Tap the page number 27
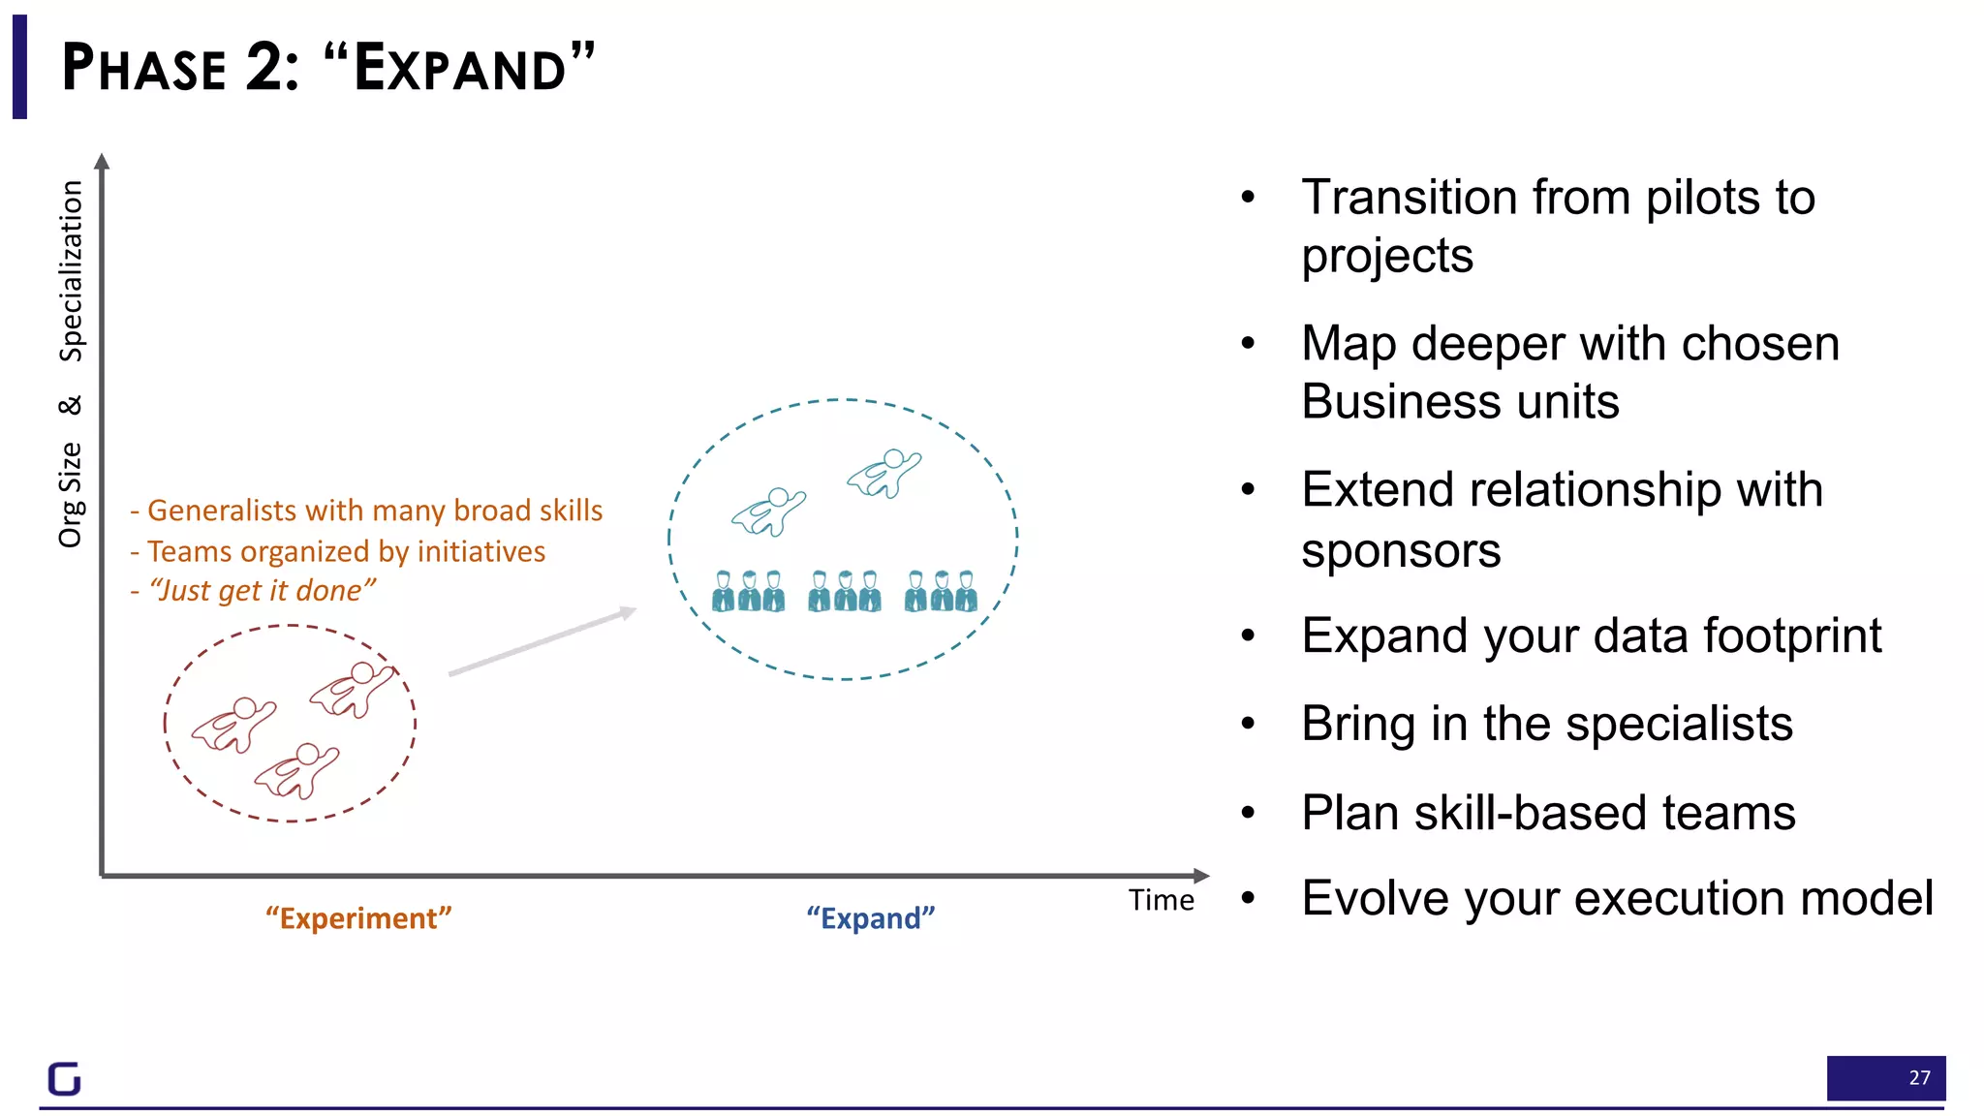coord(1918,1077)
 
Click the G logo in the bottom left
coord(64,1078)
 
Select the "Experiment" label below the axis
coord(358,917)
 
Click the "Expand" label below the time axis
coord(870,917)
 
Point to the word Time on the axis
coord(1161,900)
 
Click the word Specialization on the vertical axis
coord(71,271)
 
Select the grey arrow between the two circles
coord(542,641)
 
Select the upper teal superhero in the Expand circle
coord(884,473)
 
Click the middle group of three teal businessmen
coord(845,591)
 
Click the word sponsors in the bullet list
coord(1400,551)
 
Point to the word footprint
coord(1791,636)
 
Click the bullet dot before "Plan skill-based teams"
coord(1248,813)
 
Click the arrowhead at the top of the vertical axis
coord(102,161)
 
